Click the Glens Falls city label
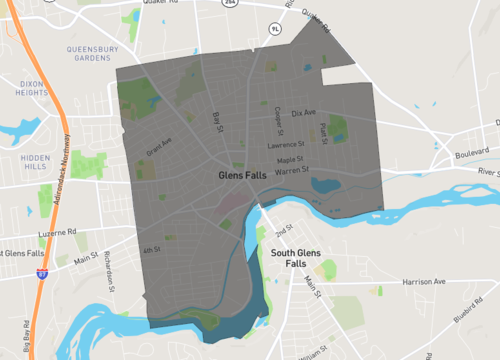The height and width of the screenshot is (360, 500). point(244,174)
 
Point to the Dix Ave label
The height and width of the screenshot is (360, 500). point(304,112)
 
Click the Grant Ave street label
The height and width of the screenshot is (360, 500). point(160,150)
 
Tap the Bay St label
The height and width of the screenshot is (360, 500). point(216,121)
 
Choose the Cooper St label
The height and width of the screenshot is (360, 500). point(276,114)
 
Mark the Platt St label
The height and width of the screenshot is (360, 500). point(323,131)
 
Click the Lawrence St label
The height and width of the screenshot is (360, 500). point(285,146)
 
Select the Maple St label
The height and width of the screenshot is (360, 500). point(291,159)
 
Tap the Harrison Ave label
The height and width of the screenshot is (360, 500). point(425,282)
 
